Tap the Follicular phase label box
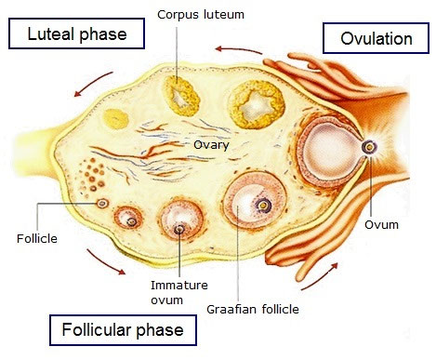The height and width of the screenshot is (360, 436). [x=123, y=329]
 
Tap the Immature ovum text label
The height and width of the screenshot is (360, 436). [x=178, y=293]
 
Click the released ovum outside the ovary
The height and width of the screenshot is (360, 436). [x=370, y=147]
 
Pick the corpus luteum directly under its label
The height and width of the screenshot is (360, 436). [x=176, y=92]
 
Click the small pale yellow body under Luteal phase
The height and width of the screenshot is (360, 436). [x=116, y=118]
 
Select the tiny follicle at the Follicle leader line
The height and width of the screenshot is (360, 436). [x=102, y=202]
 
